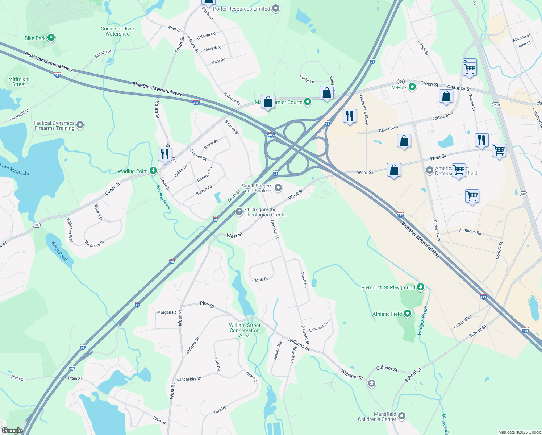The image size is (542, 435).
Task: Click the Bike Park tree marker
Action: coord(51,38)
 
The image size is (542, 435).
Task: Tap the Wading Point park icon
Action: coord(153,171)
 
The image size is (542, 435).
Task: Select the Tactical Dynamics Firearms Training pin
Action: coord(80,125)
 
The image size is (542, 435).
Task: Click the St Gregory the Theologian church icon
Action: coord(239,211)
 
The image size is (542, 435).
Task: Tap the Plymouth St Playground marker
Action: coord(420,287)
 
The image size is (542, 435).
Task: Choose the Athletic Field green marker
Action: coord(408,314)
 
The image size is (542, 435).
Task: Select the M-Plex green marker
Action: coord(412,87)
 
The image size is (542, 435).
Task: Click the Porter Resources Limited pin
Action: coord(276,8)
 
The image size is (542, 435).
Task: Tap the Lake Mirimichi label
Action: coord(14,169)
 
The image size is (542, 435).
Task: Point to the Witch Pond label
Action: coord(59,251)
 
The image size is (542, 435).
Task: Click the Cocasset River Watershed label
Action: coord(117,31)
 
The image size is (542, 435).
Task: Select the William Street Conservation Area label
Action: coord(245,330)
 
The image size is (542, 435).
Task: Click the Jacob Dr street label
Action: coord(260,279)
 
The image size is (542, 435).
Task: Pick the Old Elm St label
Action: coord(387,369)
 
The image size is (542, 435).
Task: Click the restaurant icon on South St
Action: coord(165,154)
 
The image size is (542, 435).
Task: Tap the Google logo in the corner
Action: coord(12,431)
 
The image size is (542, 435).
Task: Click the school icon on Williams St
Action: coord(371,384)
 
